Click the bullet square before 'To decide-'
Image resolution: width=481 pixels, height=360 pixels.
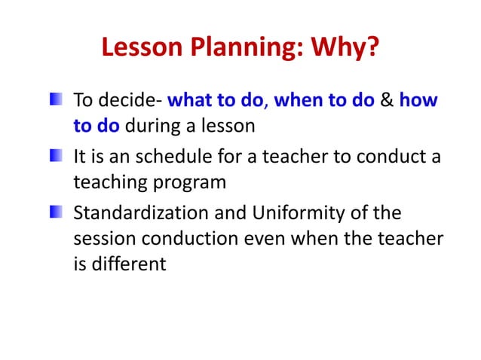(x=57, y=100)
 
